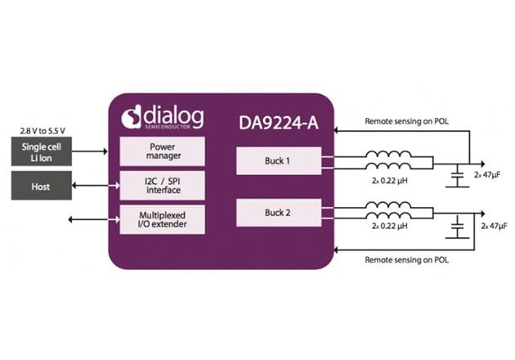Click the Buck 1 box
click(x=277, y=161)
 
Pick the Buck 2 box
click(x=277, y=213)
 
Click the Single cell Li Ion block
click(x=39, y=151)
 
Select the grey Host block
click(x=39, y=187)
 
